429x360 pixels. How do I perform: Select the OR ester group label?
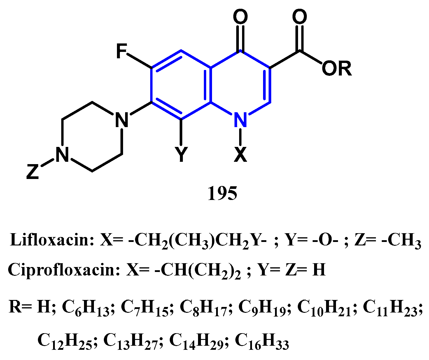click(x=337, y=69)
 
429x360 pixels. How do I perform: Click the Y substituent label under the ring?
click(x=181, y=154)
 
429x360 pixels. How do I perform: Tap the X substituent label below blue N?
click(x=241, y=154)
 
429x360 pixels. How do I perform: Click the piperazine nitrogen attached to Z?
click(x=62, y=154)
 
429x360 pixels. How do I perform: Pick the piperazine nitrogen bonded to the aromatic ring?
click(x=122, y=120)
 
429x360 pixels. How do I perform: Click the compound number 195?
click(x=222, y=193)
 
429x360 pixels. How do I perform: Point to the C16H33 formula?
click(x=262, y=341)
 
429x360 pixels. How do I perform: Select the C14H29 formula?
click(x=196, y=341)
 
